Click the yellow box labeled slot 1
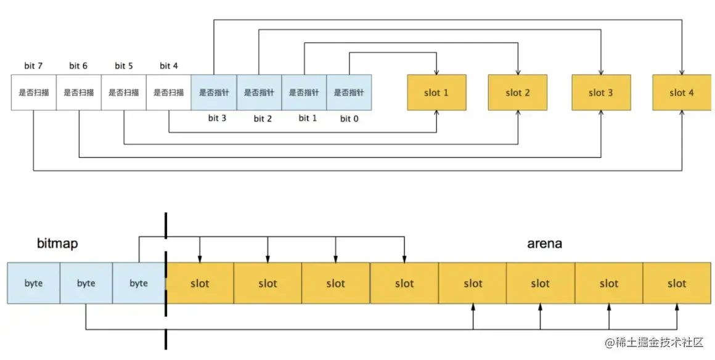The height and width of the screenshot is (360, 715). tap(436, 92)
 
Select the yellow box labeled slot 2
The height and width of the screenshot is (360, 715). tap(518, 92)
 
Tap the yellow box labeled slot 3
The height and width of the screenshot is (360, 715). tap(601, 92)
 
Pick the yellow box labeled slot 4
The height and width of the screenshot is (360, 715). tap(682, 92)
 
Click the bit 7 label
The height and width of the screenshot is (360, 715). tap(33, 66)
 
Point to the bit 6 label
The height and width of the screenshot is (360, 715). tap(78, 66)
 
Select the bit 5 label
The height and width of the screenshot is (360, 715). tap(124, 66)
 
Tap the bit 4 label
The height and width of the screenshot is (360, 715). tap(169, 66)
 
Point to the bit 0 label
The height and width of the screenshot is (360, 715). tap(348, 118)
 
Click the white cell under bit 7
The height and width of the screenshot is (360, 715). tap(33, 92)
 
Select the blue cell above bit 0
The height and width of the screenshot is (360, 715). tap(349, 92)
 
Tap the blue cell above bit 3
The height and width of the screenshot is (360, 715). tap(213, 92)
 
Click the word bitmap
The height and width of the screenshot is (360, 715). tap(57, 244)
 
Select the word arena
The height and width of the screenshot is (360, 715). tap(544, 243)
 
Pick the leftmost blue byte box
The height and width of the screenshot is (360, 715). tap(33, 284)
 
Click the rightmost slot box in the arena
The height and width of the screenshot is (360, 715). tap(677, 284)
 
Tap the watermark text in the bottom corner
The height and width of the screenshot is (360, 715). tap(654, 343)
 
